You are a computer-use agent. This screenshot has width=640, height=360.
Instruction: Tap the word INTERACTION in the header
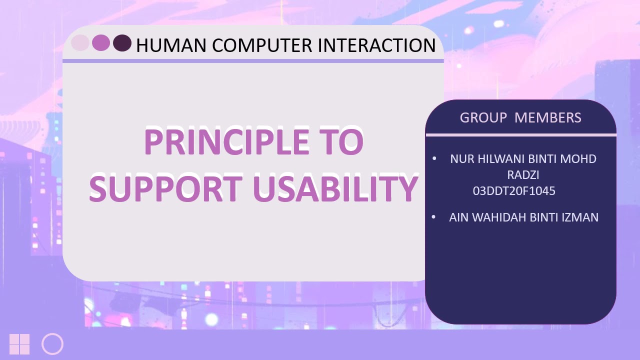(x=376, y=45)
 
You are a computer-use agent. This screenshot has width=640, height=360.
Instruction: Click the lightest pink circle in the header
(x=80, y=43)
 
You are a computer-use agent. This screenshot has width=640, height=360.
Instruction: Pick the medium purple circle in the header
(x=101, y=43)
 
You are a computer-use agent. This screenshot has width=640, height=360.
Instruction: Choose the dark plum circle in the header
(x=122, y=43)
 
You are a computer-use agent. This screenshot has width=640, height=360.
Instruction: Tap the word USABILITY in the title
(x=335, y=189)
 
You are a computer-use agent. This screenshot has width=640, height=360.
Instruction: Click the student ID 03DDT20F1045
(x=514, y=191)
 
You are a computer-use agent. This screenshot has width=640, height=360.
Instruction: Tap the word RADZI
(x=523, y=175)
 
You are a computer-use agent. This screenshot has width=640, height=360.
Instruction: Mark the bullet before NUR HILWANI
(x=434, y=158)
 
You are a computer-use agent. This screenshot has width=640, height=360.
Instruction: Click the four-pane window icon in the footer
(x=19, y=344)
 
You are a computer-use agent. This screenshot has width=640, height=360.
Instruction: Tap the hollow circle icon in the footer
(x=52, y=344)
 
